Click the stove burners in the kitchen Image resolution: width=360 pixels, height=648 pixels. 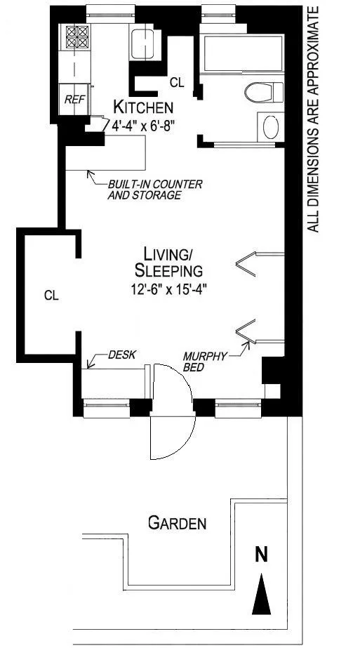77,37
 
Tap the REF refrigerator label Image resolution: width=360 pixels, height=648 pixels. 74,99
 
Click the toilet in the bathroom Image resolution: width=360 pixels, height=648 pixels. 263,92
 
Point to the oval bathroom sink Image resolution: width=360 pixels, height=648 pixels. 271,126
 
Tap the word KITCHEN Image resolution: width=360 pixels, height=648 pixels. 143,107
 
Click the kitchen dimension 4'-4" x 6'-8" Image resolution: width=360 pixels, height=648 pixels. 141,125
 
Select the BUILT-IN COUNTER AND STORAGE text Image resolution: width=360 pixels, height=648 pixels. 155,190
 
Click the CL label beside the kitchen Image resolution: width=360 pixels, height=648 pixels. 177,83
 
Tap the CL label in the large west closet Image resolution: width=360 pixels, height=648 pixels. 52,296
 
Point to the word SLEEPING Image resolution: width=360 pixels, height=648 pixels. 168,271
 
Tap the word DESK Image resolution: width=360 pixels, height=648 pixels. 121,355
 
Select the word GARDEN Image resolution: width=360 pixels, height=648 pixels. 178,524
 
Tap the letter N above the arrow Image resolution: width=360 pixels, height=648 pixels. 261,555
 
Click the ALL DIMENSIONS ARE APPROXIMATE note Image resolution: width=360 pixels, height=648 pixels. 313,119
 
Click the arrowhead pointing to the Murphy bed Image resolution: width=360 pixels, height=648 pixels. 247,344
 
